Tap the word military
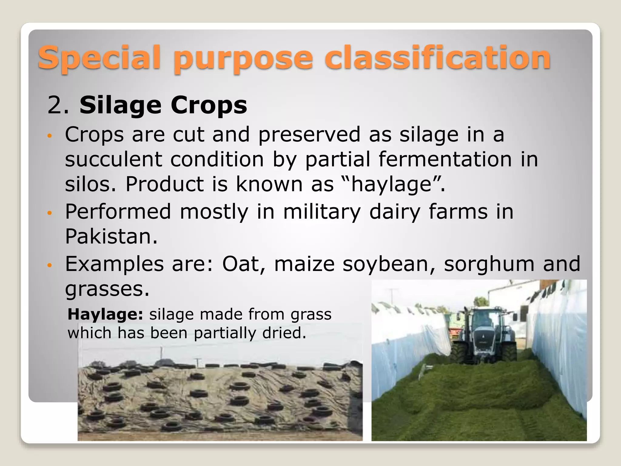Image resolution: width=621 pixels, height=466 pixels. [322, 211]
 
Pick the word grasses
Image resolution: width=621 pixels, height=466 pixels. [107, 289]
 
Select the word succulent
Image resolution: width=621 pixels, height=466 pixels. [113, 159]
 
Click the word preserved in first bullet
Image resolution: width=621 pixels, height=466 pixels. [309, 134]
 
